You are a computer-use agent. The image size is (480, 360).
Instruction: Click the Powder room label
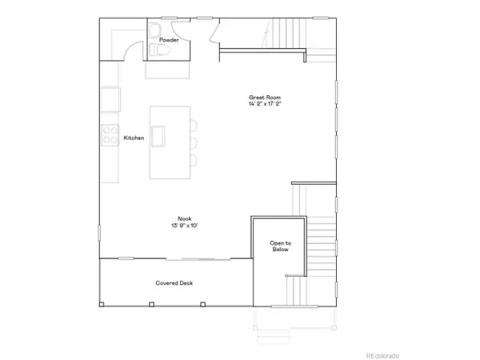pyautogui.click(x=168, y=39)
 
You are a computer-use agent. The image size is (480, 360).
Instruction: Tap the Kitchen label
pyautogui.click(x=134, y=138)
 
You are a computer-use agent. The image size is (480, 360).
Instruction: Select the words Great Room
pyautogui.click(x=263, y=98)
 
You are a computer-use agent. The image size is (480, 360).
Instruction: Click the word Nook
pyautogui.click(x=185, y=218)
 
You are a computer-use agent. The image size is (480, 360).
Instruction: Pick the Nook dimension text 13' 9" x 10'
pyautogui.click(x=185, y=226)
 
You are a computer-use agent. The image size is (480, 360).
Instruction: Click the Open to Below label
pyautogui.click(x=279, y=246)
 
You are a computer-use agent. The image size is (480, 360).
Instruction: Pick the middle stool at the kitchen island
pyautogui.click(x=194, y=142)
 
